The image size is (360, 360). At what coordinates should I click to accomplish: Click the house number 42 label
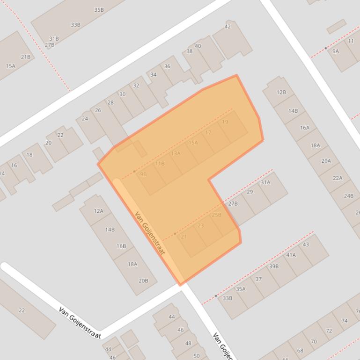point(228,27)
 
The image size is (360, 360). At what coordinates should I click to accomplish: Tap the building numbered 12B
point(281,92)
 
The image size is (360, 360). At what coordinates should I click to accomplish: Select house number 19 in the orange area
point(225,122)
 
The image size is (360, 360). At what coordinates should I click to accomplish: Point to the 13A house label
point(176,153)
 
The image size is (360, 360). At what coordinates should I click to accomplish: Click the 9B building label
point(143,174)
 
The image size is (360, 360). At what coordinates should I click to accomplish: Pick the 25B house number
point(216,215)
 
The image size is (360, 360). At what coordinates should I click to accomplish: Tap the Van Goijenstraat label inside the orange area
point(150,233)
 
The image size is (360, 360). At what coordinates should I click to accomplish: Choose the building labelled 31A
point(265,182)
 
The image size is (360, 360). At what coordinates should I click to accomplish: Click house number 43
point(306,245)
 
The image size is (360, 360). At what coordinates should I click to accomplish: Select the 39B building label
point(274,266)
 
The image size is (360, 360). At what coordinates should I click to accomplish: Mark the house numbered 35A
point(241,289)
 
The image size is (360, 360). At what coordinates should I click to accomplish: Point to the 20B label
point(143,281)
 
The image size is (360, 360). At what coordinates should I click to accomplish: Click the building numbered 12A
point(98,211)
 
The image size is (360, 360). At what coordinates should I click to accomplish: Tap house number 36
point(167,66)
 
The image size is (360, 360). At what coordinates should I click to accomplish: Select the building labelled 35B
point(99,10)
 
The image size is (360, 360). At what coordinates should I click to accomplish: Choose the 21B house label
point(25,57)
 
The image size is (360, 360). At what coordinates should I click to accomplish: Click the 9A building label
point(336,51)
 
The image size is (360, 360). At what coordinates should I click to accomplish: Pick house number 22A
point(338,178)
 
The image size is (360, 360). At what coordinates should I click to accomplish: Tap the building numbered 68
point(300,350)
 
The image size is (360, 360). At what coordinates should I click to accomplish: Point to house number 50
point(197,356)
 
